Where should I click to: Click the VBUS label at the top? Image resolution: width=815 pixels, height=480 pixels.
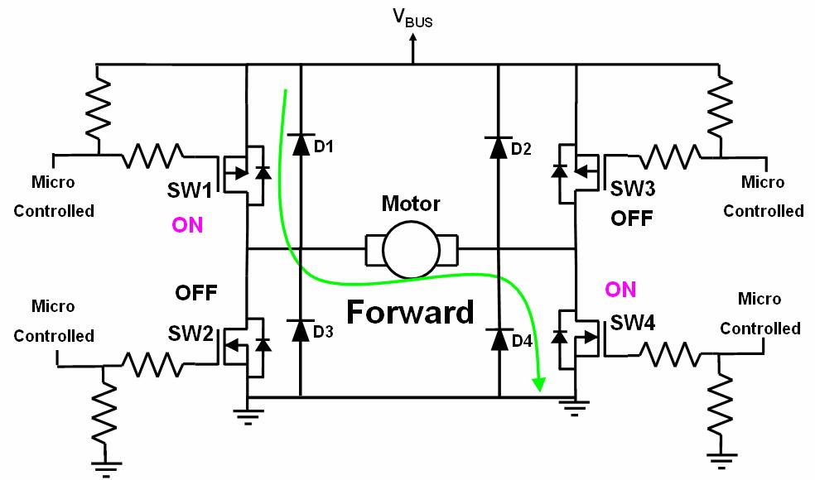click(x=412, y=17)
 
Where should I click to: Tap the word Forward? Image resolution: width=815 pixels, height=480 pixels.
click(x=410, y=312)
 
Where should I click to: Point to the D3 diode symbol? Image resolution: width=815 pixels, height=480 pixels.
click(x=299, y=329)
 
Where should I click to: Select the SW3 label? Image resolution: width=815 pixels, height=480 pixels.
click(x=633, y=188)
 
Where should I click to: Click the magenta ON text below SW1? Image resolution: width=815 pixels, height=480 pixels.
click(x=187, y=225)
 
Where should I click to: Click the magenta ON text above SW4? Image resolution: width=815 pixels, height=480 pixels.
click(x=621, y=289)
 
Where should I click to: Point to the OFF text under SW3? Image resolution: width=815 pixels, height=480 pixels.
click(x=632, y=218)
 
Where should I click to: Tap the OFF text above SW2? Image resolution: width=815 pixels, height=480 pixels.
click(x=196, y=292)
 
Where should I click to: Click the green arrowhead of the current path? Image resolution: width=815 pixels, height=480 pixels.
click(x=539, y=383)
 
